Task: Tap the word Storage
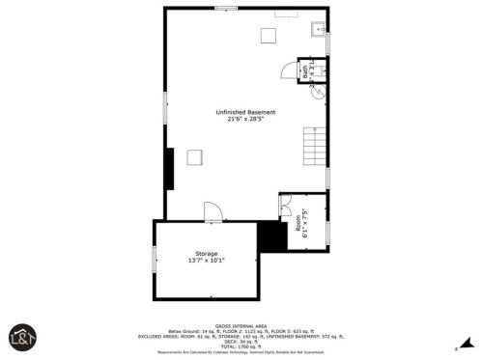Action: click(207, 253)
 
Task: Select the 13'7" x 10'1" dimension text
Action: click(207, 261)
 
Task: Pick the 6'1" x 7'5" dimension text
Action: click(306, 222)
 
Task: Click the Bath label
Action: click(305, 70)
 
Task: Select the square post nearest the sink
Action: click(269, 37)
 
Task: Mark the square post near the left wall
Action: click(194, 158)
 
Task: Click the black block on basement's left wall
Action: click(169, 171)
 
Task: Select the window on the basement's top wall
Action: click(227, 9)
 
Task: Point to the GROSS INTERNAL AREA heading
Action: click(241, 325)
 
